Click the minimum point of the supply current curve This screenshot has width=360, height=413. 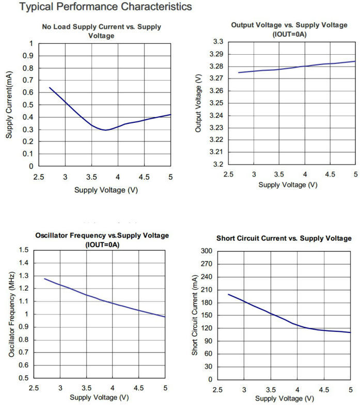click(106, 130)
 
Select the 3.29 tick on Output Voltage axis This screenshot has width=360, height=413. click(216, 54)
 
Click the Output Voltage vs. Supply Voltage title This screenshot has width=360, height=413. click(290, 25)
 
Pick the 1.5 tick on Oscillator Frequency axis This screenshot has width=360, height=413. click(24, 250)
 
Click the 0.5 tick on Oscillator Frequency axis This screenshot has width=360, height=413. click(24, 378)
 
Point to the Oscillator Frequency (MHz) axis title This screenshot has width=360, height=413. click(11, 314)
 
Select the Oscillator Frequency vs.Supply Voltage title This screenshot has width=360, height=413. click(102, 235)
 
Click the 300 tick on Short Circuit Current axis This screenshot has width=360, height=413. click(207, 251)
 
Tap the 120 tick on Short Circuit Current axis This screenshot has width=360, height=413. click(207, 328)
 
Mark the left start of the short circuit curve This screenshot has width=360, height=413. click(228, 294)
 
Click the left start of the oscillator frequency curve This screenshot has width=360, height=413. click(44, 279)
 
